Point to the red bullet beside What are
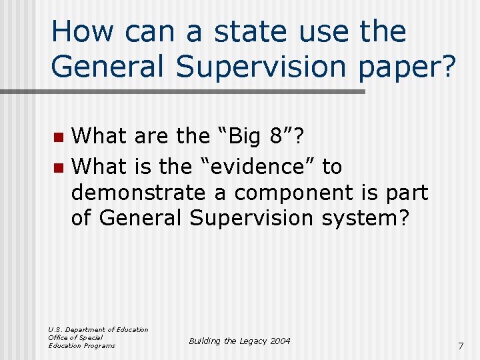(59, 137)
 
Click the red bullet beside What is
(59, 167)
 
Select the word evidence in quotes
(256, 166)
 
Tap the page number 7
(460, 346)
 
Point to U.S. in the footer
(57, 329)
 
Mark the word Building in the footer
(205, 341)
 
